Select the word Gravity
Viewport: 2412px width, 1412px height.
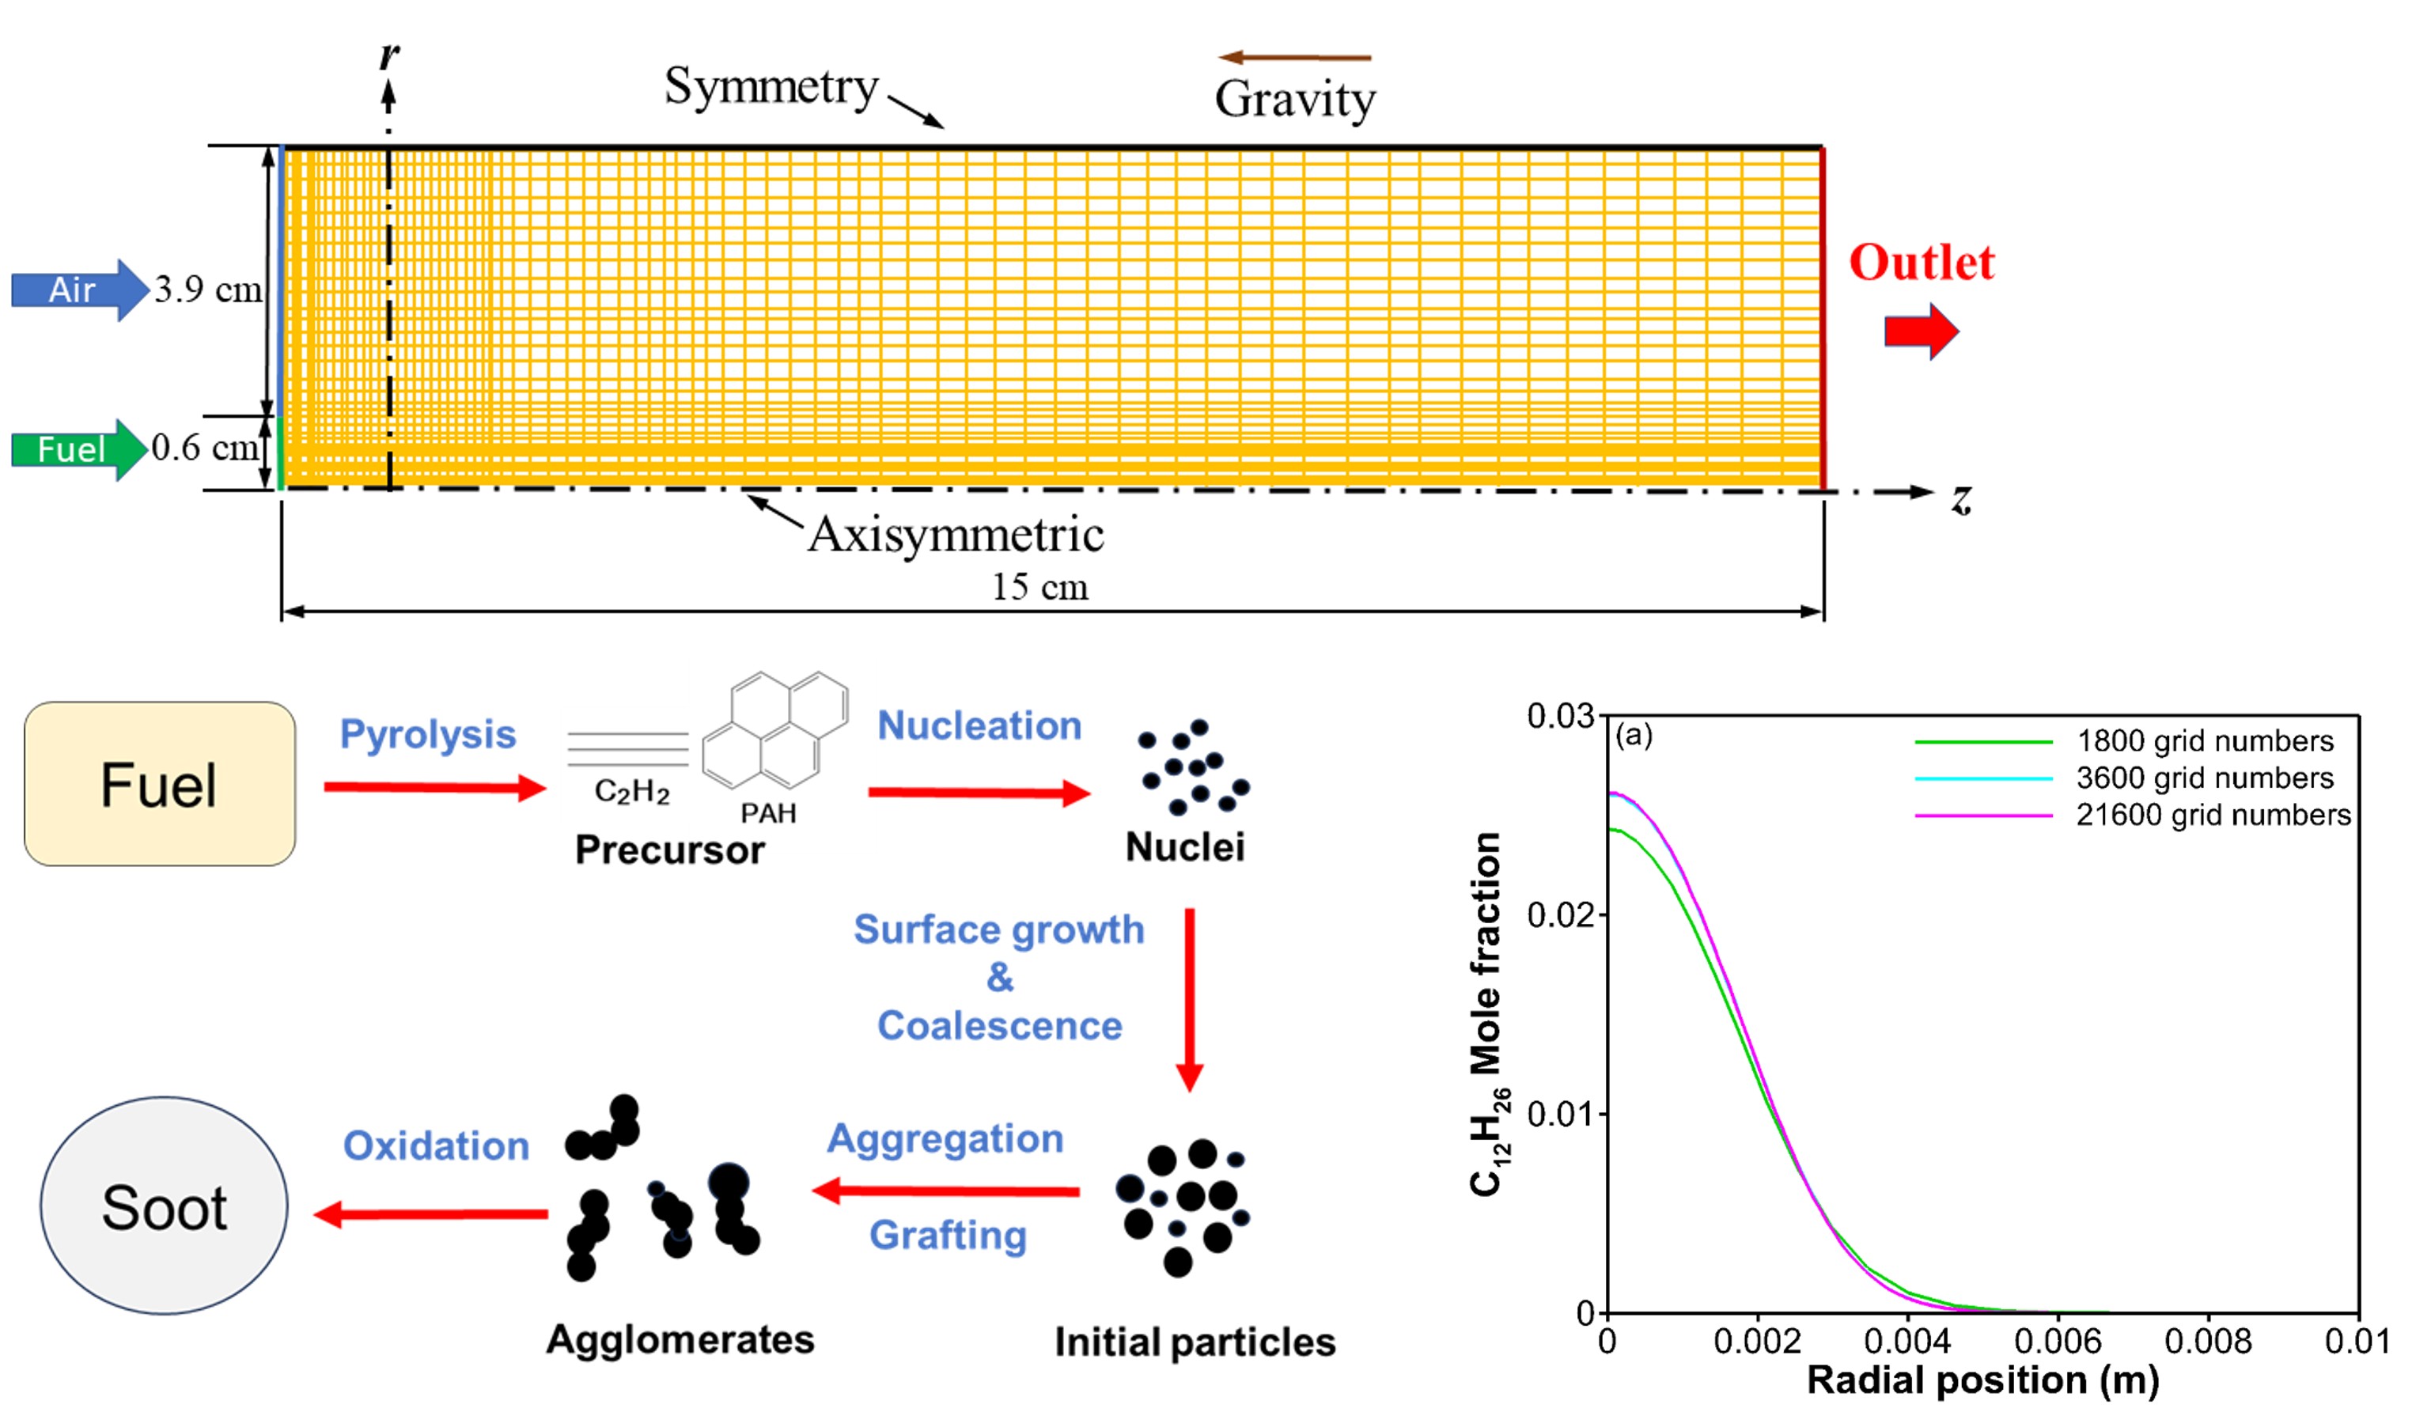click(1294, 100)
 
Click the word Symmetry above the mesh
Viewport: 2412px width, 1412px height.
click(771, 87)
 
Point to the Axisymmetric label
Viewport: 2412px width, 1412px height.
click(956, 534)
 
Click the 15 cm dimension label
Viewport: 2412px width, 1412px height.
click(1039, 587)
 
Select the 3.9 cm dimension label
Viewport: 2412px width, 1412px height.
click(208, 289)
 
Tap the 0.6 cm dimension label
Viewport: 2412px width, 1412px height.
click(205, 447)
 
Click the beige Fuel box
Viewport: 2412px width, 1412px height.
click(160, 784)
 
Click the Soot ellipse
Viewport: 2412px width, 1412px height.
click(164, 1206)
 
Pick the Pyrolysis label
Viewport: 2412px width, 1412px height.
click(428, 734)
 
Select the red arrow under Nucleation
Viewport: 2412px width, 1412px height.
click(979, 793)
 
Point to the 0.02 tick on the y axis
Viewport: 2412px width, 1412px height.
click(1560, 915)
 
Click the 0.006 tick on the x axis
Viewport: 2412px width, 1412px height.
click(2057, 1341)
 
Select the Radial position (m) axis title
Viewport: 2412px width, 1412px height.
click(1982, 1380)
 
